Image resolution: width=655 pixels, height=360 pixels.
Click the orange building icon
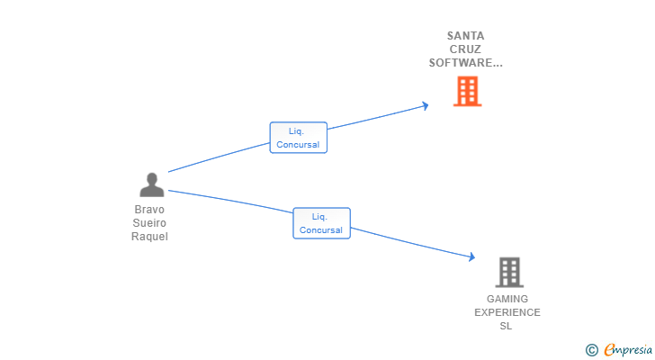click(468, 91)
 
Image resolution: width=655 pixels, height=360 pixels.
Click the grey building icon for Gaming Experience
click(509, 273)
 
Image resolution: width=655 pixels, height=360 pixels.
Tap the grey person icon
click(152, 184)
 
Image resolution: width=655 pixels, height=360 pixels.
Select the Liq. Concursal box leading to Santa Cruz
click(299, 138)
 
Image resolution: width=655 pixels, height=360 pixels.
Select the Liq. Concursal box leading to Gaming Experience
click(322, 223)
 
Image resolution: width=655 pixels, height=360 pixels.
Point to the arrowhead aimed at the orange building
click(426, 105)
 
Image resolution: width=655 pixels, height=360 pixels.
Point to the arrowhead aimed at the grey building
click(472, 256)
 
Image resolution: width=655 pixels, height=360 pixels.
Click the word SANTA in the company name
click(465, 36)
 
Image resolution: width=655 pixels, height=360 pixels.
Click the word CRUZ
click(465, 49)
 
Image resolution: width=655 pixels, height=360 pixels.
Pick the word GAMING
click(507, 299)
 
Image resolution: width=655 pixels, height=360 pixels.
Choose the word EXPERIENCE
click(507, 312)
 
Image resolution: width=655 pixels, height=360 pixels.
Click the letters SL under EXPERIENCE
click(506, 326)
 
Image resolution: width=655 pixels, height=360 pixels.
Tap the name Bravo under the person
click(149, 209)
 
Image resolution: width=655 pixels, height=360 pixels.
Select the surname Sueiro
click(149, 222)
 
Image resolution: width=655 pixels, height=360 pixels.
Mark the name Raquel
click(149, 237)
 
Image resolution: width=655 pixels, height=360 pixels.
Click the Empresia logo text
click(628, 350)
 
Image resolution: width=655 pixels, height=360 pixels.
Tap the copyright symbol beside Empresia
click(591, 350)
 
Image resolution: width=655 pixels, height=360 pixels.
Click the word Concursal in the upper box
click(298, 145)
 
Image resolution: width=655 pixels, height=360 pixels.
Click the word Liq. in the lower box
click(319, 216)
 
